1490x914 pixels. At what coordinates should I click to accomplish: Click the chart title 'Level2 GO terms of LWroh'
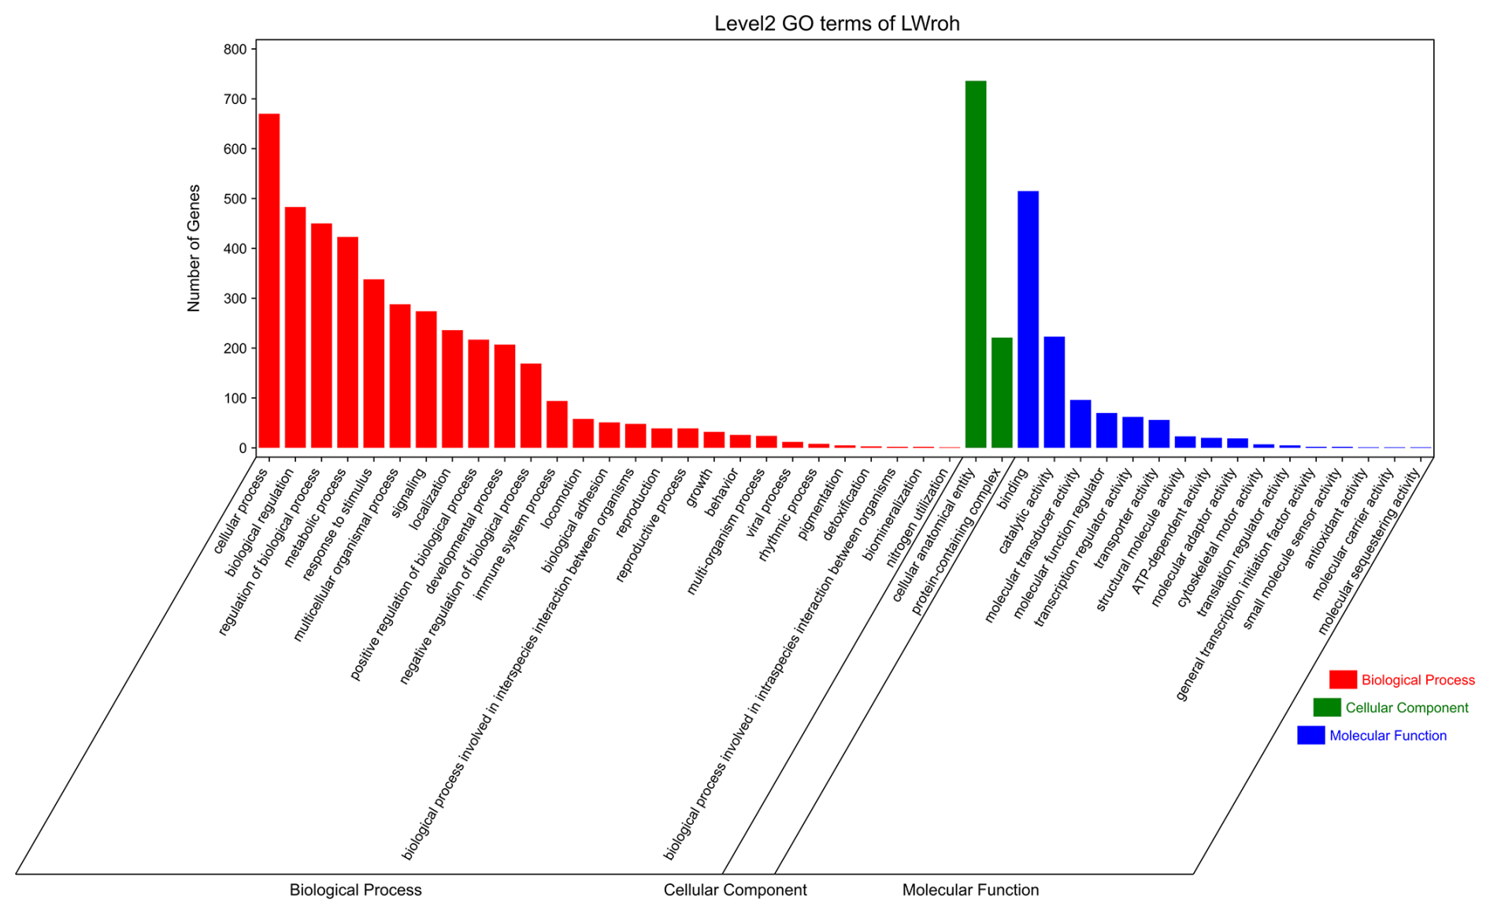[836, 24]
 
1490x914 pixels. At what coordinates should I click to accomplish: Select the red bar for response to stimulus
[374, 363]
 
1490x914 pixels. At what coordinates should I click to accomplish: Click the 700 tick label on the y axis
[235, 99]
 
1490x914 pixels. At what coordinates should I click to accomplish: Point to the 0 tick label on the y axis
[243, 448]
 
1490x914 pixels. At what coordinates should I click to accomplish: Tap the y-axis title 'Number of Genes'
[194, 248]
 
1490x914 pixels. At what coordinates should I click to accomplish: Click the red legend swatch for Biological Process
[1343, 679]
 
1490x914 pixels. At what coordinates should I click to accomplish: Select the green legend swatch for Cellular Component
[1327, 708]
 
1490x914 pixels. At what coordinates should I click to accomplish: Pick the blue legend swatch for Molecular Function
[1311, 735]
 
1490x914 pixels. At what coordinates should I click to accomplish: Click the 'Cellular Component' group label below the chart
[735, 890]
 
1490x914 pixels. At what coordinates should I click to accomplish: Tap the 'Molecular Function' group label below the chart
[970, 890]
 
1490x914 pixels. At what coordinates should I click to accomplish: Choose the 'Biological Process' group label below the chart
[355, 890]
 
